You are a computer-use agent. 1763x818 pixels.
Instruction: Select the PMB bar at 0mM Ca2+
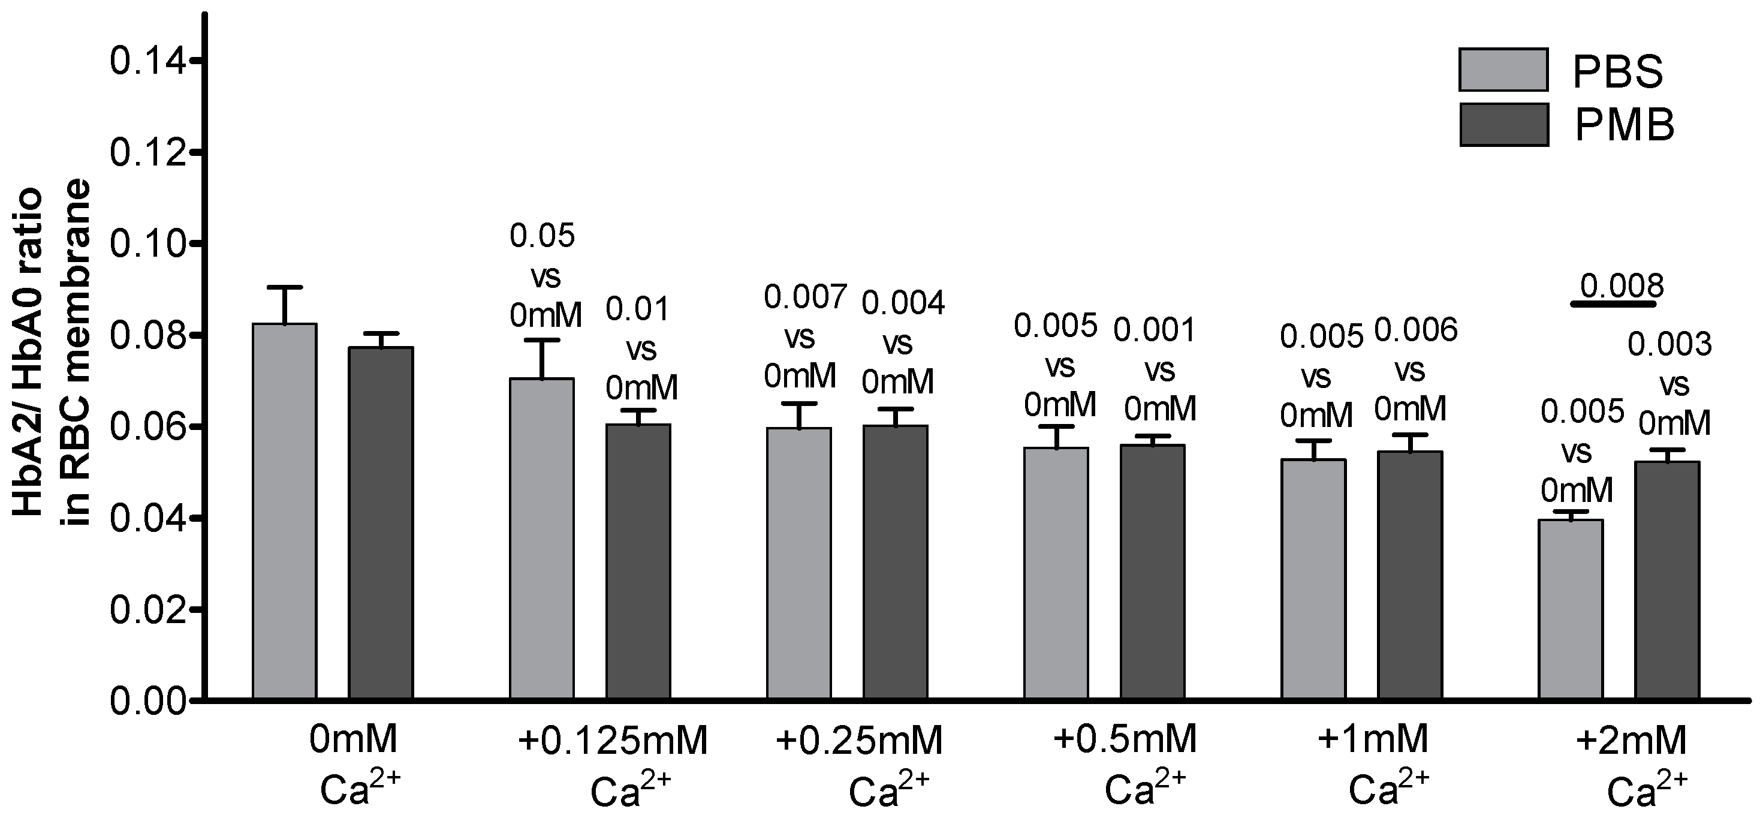tap(381, 524)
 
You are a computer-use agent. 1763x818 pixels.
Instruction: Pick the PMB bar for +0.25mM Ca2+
tap(895, 562)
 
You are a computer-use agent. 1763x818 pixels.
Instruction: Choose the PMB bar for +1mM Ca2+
tap(1410, 575)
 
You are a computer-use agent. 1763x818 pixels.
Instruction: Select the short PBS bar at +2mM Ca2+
tap(1571, 610)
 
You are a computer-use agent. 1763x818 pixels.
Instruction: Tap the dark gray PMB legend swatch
tap(1503, 125)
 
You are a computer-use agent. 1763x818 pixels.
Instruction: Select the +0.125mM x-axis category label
tap(613, 741)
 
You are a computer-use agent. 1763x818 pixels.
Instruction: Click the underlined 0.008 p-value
tap(1622, 286)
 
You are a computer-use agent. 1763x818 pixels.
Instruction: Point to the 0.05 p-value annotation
tap(542, 236)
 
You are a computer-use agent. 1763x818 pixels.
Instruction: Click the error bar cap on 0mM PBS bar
tap(284, 287)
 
